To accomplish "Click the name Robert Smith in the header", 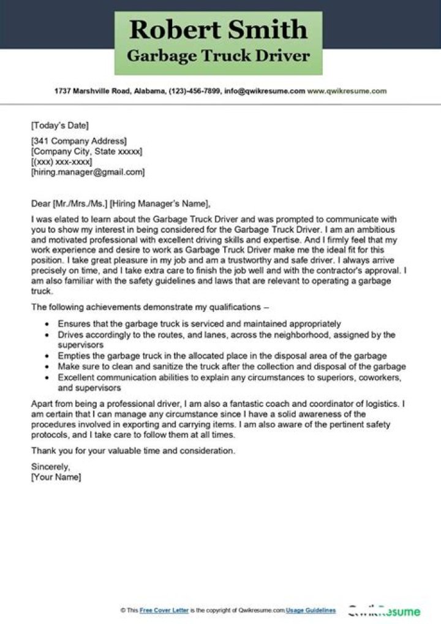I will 219,29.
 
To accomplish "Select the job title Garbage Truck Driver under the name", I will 219,56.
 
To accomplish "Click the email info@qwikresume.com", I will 265,91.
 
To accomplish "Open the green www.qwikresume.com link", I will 347,91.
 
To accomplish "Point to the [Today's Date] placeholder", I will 59,126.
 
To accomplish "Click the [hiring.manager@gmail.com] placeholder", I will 88,173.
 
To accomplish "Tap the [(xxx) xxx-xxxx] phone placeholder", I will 61,162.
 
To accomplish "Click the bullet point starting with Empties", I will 222,356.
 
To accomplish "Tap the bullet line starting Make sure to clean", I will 232,367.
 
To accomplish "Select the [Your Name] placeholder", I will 56,477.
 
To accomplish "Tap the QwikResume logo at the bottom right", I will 384,611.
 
